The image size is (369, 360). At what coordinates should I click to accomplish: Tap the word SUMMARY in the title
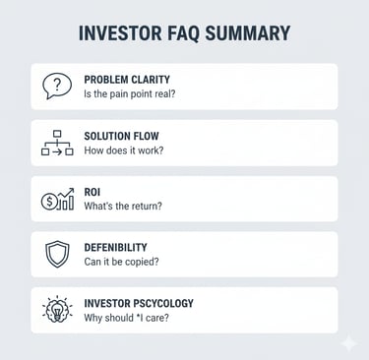pyautogui.click(x=249, y=33)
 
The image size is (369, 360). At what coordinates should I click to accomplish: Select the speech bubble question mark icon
pyautogui.click(x=57, y=87)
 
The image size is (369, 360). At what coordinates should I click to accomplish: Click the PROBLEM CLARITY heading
pyautogui.click(x=128, y=79)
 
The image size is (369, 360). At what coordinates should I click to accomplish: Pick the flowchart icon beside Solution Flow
pyautogui.click(x=57, y=143)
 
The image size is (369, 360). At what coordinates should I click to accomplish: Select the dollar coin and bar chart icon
pyautogui.click(x=57, y=199)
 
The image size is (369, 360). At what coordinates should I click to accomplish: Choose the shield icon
pyautogui.click(x=57, y=255)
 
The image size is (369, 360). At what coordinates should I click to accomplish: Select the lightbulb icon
pyautogui.click(x=57, y=310)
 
